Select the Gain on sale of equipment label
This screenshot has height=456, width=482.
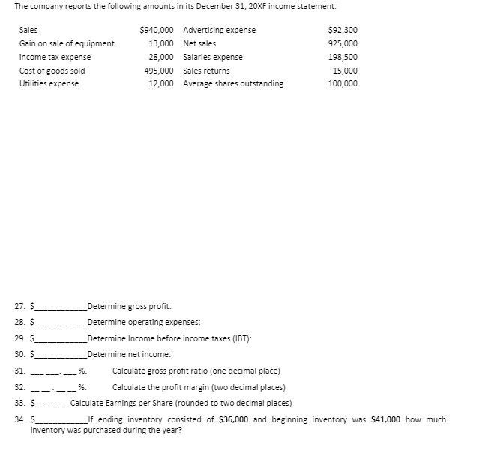pos(67,43)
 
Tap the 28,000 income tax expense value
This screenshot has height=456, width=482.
pos(163,57)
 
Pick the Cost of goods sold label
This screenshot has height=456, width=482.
pos(52,70)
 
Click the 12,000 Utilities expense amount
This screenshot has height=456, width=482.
pos(163,83)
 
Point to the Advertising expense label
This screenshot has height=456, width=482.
pos(219,30)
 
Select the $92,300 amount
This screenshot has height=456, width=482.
pos(343,30)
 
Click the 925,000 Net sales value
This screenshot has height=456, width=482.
pos(343,43)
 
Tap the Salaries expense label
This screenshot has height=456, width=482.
pos(213,57)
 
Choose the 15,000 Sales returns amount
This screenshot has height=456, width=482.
pos(345,70)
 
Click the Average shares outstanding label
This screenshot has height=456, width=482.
pos(233,83)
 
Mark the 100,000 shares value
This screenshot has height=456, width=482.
pos(343,83)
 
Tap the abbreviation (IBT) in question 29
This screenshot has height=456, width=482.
pos(241,338)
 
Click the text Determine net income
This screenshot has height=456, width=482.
pos(129,354)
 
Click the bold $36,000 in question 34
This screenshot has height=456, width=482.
pos(235,420)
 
